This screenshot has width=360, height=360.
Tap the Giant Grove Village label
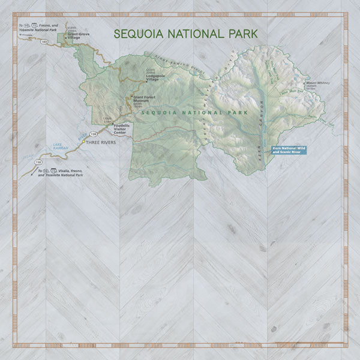[x=78, y=36]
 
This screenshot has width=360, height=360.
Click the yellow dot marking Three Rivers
[x=83, y=143]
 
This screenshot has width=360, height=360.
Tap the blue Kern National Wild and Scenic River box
[x=289, y=149]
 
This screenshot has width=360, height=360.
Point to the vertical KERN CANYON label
[x=262, y=120]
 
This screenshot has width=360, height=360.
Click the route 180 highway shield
[x=44, y=42]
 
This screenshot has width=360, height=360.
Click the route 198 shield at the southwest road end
[x=39, y=163]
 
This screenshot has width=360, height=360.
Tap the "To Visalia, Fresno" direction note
[x=60, y=173]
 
